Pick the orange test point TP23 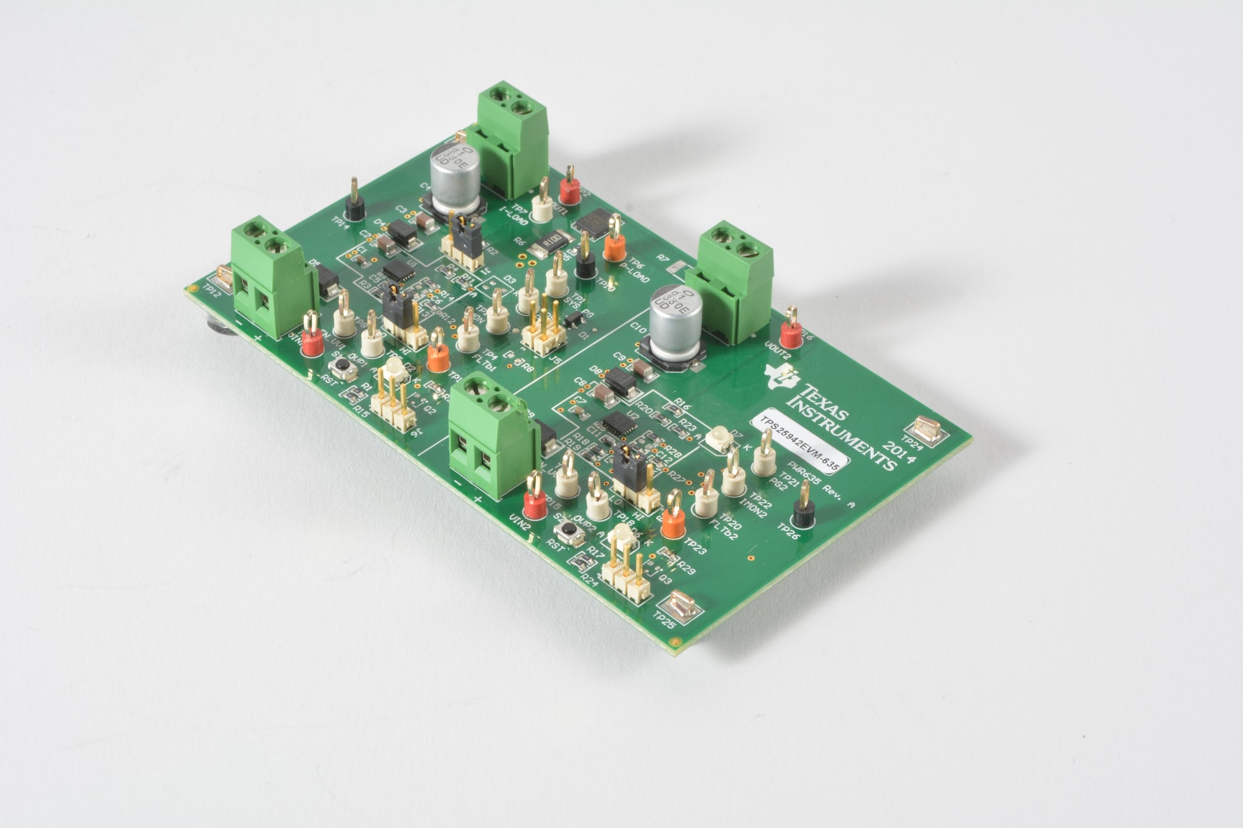671,523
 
